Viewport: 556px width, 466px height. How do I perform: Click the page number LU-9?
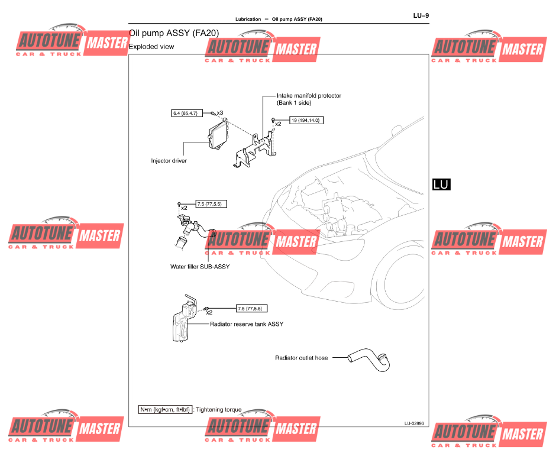(421, 16)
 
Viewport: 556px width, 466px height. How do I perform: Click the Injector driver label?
(169, 160)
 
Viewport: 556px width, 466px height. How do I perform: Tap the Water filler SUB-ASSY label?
(200, 267)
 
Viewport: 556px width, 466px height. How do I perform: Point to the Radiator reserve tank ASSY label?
(247, 324)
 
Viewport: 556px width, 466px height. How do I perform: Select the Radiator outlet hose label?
(301, 358)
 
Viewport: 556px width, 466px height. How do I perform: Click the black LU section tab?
(441, 184)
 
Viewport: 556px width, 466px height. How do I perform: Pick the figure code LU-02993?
(414, 423)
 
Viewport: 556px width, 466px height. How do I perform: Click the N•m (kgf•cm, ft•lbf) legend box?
(165, 409)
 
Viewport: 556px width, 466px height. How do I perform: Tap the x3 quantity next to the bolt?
(219, 112)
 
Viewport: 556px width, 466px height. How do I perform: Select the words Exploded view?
(151, 47)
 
